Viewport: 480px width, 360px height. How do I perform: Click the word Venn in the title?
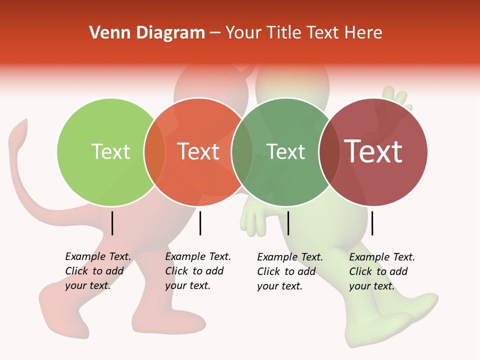pyautogui.click(x=105, y=33)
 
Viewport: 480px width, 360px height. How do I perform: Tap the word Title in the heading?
pyautogui.click(x=282, y=33)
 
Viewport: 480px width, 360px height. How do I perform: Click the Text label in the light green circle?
pyautogui.click(x=110, y=151)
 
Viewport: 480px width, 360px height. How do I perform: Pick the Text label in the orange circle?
pyautogui.click(x=198, y=151)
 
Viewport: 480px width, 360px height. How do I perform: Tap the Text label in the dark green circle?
pyautogui.click(x=285, y=151)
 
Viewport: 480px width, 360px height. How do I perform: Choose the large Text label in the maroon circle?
pyautogui.click(x=373, y=151)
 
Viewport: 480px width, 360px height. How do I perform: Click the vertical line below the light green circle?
pyautogui.click(x=112, y=223)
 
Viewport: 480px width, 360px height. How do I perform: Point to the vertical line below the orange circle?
pyautogui.click(x=200, y=223)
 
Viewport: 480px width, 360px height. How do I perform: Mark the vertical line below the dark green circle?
pyautogui.click(x=288, y=223)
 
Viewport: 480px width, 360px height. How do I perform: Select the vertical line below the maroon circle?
pyautogui.click(x=372, y=223)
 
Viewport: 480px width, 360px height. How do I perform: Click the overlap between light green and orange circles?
pyautogui.click(x=154, y=151)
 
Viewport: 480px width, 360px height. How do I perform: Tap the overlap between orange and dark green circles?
pyautogui.click(x=242, y=151)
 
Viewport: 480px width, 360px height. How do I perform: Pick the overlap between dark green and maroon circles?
pyautogui.click(x=329, y=151)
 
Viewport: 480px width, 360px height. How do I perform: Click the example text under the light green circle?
pyautogui.click(x=97, y=271)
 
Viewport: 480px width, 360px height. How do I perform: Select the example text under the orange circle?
pyautogui.click(x=197, y=271)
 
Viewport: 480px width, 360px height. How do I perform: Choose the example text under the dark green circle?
pyautogui.click(x=289, y=271)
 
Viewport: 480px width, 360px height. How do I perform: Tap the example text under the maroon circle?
pyautogui.click(x=381, y=271)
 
